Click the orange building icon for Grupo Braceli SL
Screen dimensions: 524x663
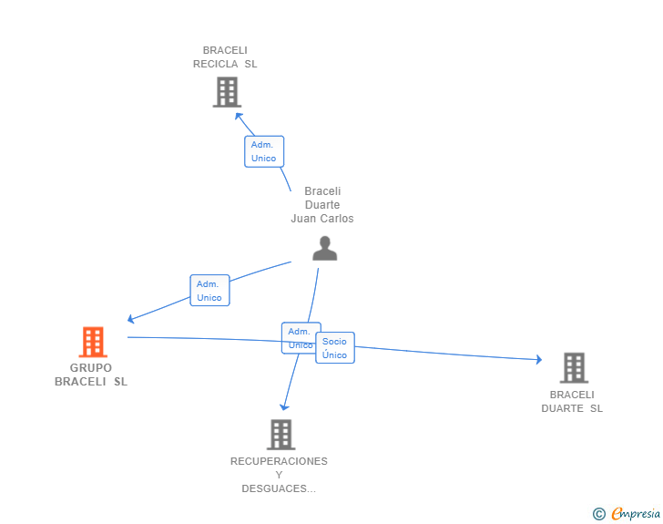pos(92,342)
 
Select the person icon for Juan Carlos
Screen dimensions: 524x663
pos(324,248)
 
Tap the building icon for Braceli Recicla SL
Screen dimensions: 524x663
pos(226,92)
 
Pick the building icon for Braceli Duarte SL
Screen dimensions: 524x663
pos(573,367)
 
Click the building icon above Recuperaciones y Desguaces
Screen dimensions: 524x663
pos(280,434)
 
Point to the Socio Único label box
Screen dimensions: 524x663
pos(335,347)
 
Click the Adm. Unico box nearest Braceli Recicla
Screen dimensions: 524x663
pos(264,151)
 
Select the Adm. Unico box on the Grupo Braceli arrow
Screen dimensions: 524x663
pos(209,291)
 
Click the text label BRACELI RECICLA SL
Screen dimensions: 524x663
pos(225,57)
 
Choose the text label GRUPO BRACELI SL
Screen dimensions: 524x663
pos(91,375)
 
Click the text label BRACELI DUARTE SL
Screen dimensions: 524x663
pos(572,402)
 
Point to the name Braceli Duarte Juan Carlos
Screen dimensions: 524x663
pos(322,205)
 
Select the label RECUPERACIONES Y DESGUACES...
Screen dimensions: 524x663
pos(279,475)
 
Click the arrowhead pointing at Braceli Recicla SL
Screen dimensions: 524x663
pos(238,116)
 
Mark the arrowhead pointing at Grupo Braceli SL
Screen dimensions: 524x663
pos(131,319)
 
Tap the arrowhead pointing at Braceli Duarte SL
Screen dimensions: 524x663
pos(538,359)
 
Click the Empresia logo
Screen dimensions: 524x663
pos(635,514)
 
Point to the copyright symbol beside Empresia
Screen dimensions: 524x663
pos(598,514)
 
